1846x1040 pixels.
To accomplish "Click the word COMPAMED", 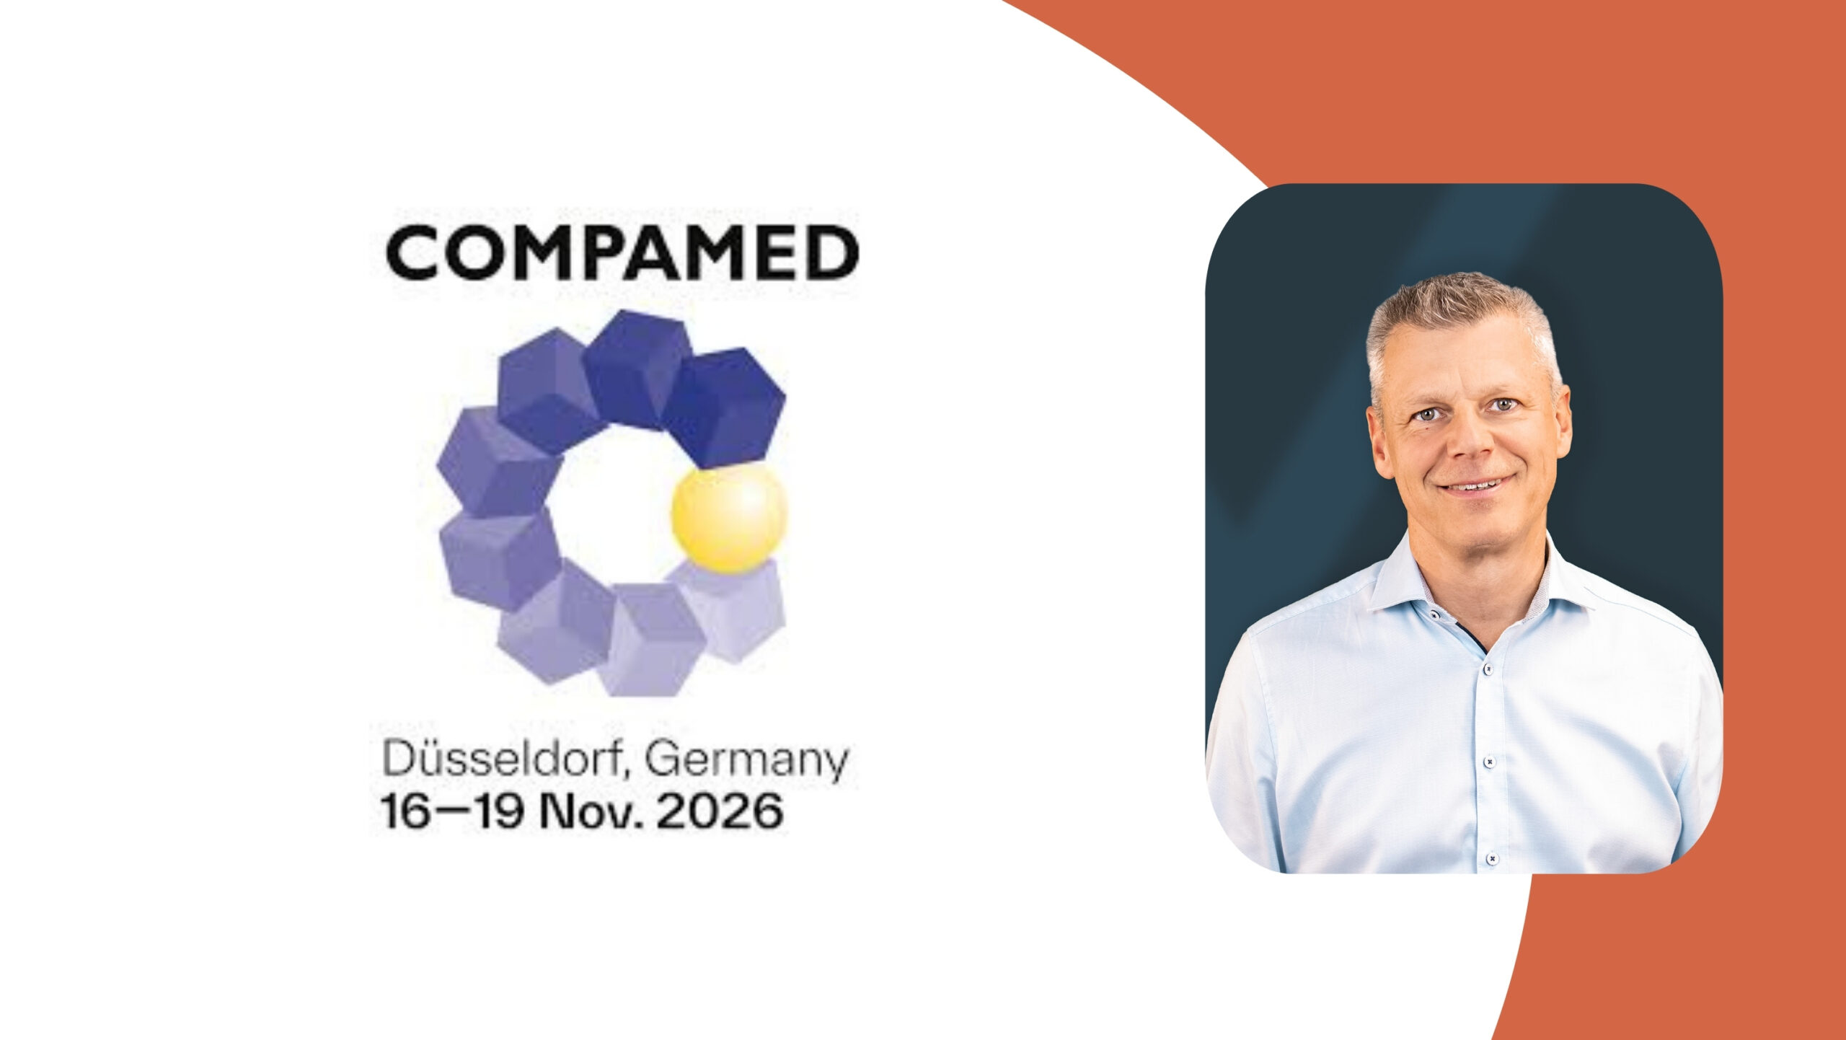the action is click(622, 252).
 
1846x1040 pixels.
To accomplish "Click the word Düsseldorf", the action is click(501, 759).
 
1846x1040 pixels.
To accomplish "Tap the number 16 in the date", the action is click(406, 811).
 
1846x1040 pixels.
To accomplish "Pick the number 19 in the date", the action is click(496, 811).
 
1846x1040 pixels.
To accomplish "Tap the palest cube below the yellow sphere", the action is click(733, 609).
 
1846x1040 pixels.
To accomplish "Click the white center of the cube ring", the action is click(617, 505).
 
